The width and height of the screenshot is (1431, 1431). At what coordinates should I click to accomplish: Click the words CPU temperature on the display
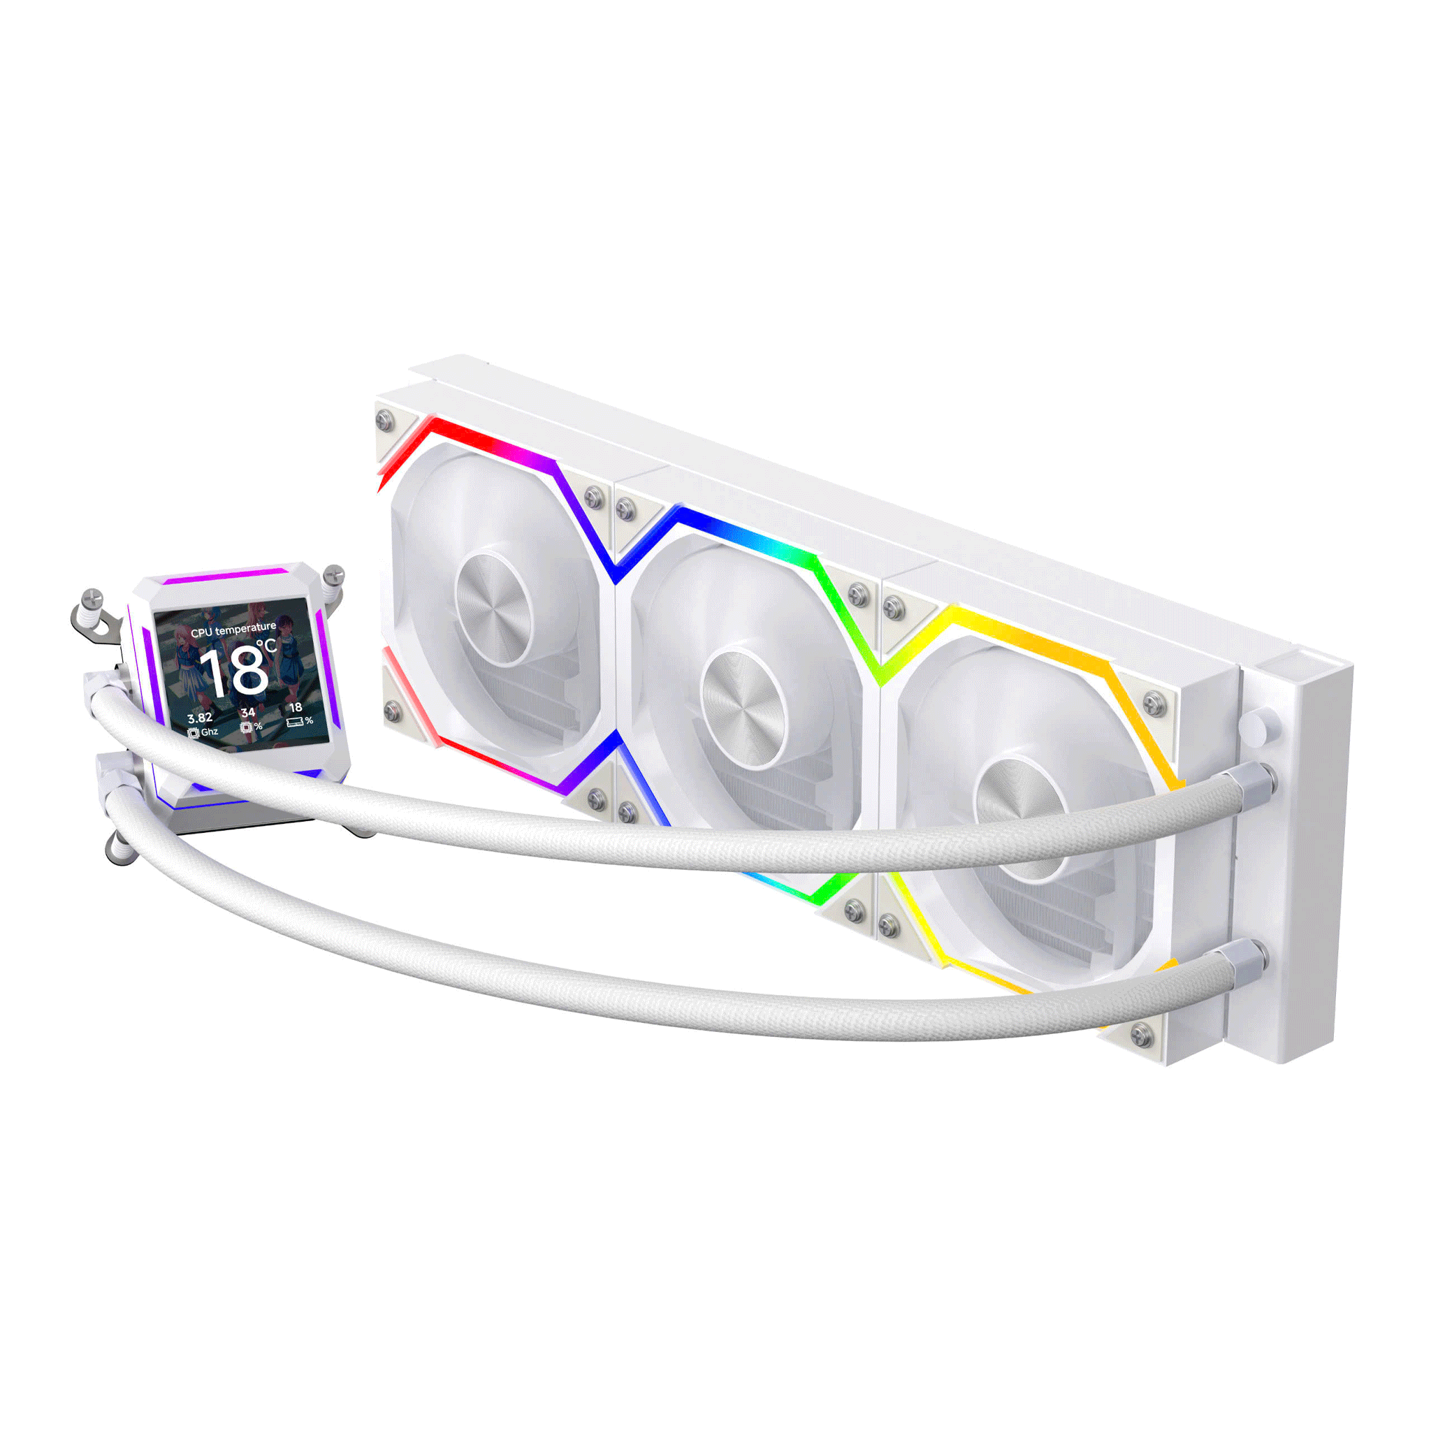click(233, 630)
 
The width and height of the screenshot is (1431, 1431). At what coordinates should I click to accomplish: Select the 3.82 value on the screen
click(200, 718)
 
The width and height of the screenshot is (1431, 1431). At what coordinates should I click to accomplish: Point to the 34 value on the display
click(248, 713)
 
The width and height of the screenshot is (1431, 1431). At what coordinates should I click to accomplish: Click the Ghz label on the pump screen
click(210, 732)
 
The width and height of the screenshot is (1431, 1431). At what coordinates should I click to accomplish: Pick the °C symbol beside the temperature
click(267, 646)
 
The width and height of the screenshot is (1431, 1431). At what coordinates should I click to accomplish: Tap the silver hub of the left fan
click(493, 608)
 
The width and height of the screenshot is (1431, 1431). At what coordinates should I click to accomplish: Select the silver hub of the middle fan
click(743, 707)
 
